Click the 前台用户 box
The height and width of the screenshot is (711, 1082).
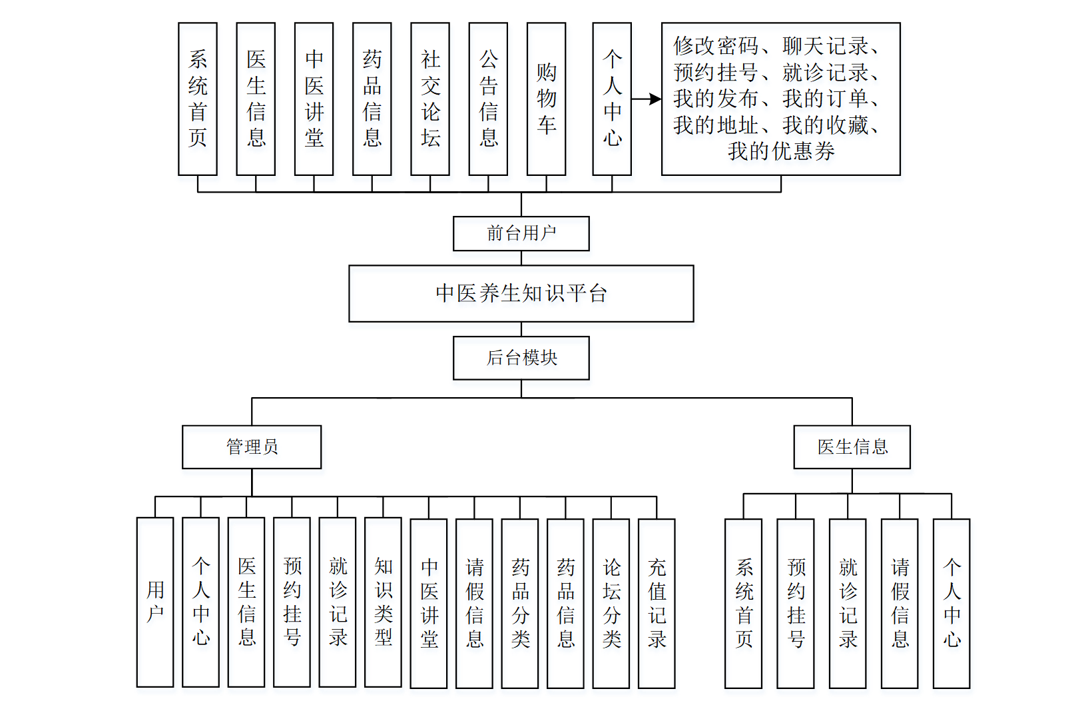521,233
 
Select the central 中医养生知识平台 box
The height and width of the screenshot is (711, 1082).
521,293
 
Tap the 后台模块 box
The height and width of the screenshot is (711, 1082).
521,358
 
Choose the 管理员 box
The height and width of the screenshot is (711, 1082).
252,446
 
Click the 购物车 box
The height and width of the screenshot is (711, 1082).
546,99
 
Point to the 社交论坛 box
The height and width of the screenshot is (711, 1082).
430,99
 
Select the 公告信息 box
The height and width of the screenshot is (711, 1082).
488,99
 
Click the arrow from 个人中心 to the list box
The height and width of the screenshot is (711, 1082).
646,99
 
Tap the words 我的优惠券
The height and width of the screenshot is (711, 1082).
781,151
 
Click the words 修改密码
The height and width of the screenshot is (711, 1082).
716,46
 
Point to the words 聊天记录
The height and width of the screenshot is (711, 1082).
825,46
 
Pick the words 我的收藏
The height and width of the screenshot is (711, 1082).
825,125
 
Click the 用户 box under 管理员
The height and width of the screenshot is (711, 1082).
155,602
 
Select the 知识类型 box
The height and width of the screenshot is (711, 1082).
383,602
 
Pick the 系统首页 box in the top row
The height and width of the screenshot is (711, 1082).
198,99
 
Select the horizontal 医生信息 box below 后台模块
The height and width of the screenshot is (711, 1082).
852,446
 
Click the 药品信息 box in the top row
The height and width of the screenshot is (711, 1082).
372,99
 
